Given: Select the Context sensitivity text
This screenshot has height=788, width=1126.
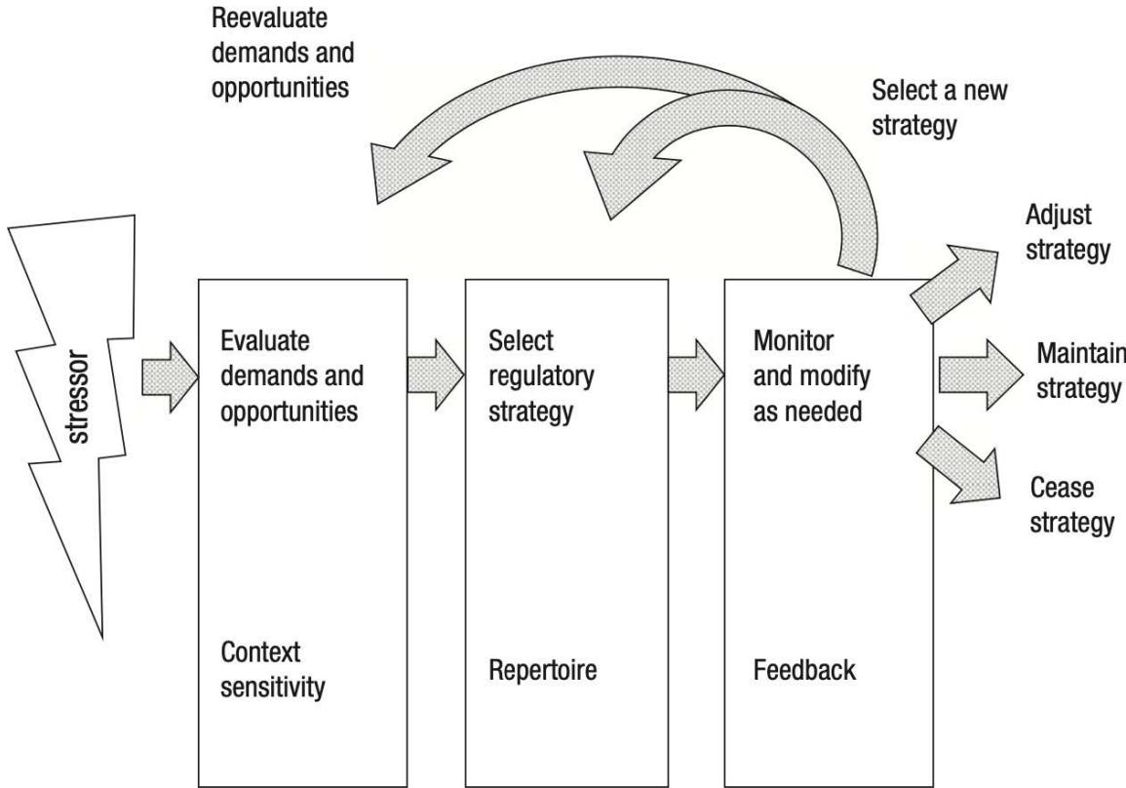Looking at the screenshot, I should pos(274,669).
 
